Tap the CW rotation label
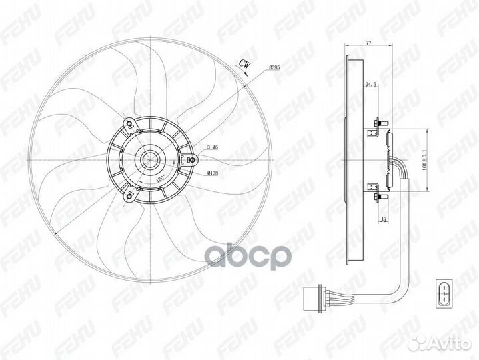click(244, 63)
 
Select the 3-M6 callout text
click(213, 147)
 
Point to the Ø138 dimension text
click(213, 173)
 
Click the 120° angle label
click(161, 178)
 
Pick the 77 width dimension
click(368, 43)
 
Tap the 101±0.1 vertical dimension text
click(424, 159)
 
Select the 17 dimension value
click(384, 219)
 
